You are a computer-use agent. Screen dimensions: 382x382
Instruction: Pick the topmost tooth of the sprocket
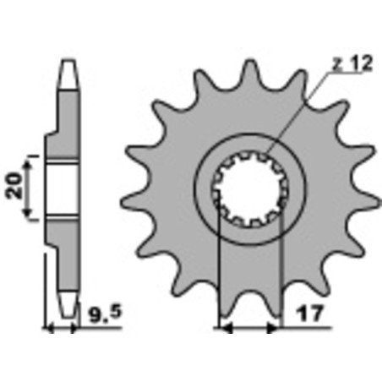click(x=250, y=74)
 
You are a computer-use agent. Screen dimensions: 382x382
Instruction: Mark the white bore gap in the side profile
click(x=63, y=188)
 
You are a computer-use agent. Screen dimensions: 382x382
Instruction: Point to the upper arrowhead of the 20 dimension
click(x=31, y=161)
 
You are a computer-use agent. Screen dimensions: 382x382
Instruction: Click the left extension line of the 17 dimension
click(x=220, y=279)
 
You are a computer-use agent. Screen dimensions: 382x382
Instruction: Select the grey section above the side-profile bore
click(x=64, y=127)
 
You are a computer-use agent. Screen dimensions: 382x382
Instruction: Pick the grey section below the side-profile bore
click(x=64, y=249)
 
